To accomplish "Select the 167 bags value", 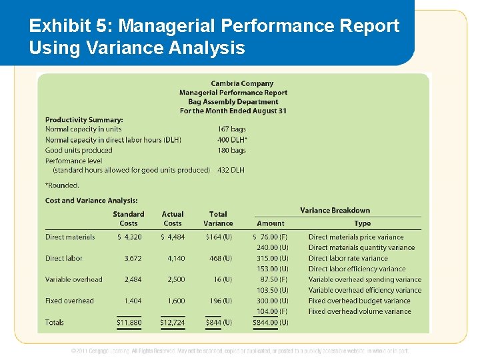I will (x=231, y=129).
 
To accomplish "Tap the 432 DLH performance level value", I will (x=231, y=170).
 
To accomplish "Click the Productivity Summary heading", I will (x=84, y=119).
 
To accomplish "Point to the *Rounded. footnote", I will (x=62, y=185).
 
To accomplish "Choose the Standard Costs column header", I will (x=129, y=219).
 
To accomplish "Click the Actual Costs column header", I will (x=173, y=219).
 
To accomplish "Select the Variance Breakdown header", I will (x=335, y=211).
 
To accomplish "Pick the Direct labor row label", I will (x=64, y=258).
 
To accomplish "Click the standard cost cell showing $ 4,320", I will (x=129, y=237).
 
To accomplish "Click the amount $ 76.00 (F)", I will (x=271, y=237).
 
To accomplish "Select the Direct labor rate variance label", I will (x=348, y=258).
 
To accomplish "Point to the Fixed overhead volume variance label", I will (x=360, y=311).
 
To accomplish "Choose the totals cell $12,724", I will (x=173, y=323).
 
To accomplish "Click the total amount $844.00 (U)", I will (x=271, y=323).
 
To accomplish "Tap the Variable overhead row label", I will (x=74, y=279).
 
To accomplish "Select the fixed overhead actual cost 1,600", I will (x=177, y=301).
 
